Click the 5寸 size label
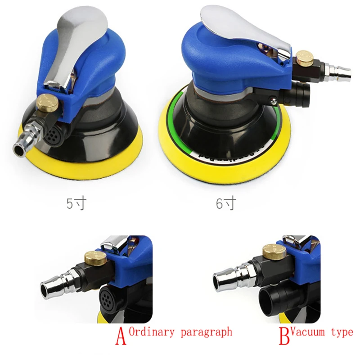pyautogui.click(x=75, y=203)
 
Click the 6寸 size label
pyautogui.click(x=225, y=203)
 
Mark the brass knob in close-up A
pyautogui.click(x=96, y=258)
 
